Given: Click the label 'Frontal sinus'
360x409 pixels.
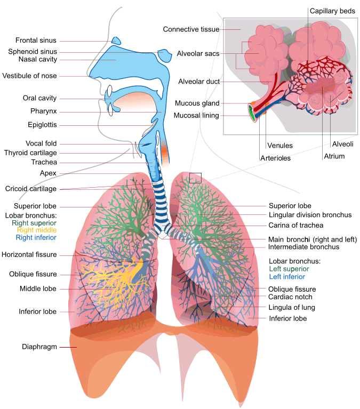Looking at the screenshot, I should (36, 41).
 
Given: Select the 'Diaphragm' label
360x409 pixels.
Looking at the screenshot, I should (39, 347).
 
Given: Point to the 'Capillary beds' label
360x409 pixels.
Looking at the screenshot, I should (332, 11).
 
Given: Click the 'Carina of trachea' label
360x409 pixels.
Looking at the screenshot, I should (295, 225).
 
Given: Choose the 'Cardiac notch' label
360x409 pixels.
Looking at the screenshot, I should (290, 297).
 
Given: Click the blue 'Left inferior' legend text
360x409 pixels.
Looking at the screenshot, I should (287, 277).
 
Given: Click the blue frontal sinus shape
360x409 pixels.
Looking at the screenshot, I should (116, 41).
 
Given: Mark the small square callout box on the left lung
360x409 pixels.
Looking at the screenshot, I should (195, 178).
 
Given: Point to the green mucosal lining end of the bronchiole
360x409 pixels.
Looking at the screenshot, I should (251, 113).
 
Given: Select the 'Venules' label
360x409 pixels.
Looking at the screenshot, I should (279, 145).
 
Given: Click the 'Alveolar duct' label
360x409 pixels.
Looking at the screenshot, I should (199, 82).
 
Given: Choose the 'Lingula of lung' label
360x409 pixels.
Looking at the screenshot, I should (292, 307).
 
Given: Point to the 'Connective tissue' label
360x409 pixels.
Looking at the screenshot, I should (191, 29).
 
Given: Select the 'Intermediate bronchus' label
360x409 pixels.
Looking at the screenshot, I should (303, 247).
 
